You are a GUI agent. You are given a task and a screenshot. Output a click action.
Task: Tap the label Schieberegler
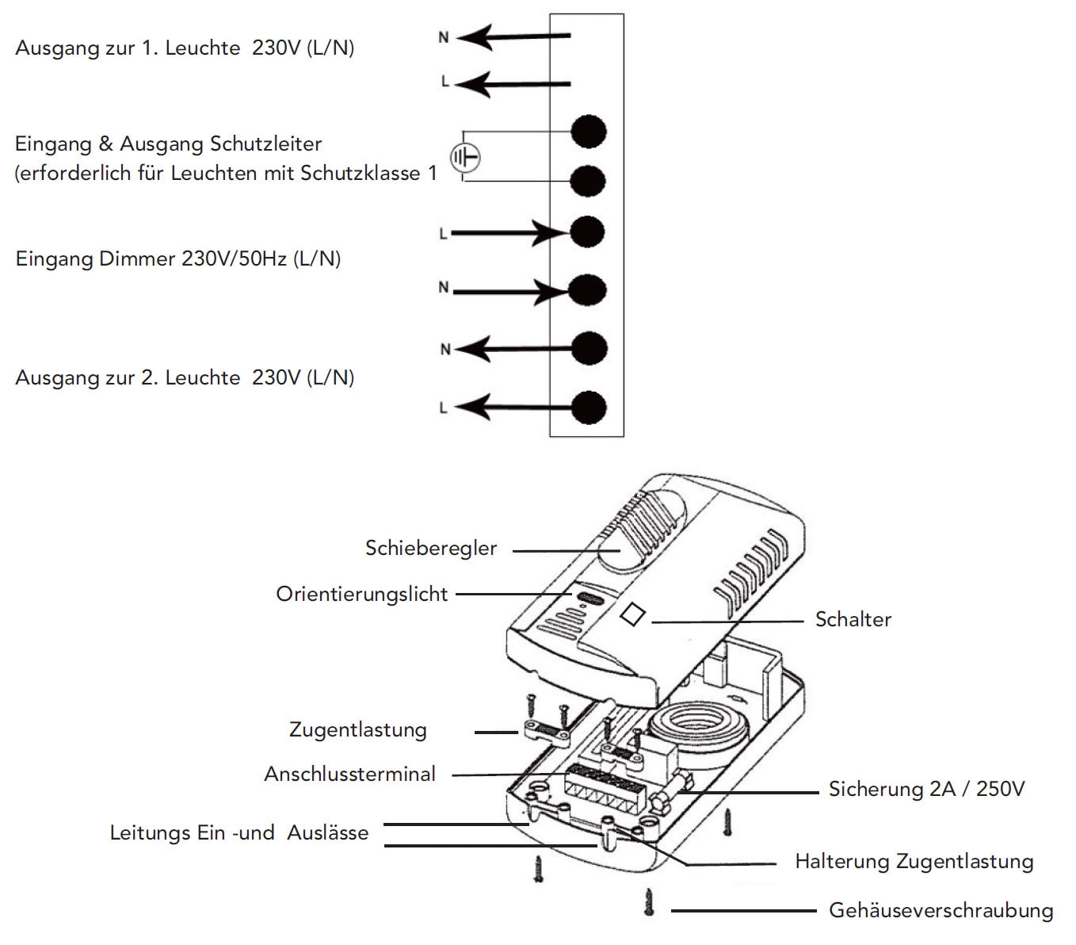pos(431,548)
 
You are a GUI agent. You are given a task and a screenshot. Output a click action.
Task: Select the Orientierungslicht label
pos(361,594)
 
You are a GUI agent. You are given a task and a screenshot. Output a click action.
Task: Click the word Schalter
pos(853,619)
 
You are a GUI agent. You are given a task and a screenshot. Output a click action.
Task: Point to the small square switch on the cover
pos(631,614)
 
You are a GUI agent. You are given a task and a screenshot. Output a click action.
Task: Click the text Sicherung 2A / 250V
pos(926,789)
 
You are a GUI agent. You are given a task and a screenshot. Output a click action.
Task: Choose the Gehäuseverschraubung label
pos(941,910)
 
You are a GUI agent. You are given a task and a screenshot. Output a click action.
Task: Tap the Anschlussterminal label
pos(349,774)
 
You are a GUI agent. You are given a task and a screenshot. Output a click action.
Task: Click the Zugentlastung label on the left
pos(357,729)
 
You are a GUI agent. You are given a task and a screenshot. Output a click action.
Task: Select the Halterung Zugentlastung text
pos(914,861)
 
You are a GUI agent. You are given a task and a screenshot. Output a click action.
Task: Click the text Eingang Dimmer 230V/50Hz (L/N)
pos(178,258)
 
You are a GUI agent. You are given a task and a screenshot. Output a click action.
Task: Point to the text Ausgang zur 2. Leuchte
pos(127,377)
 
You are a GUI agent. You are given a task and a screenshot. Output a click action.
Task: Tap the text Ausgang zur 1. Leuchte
pos(127,48)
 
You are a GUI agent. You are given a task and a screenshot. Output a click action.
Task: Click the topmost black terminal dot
pos(589,132)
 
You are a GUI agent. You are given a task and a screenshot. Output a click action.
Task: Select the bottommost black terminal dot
pos(589,407)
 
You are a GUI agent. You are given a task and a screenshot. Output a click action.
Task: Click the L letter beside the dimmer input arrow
pos(443,234)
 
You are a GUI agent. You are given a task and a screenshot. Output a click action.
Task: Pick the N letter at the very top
pos(444,36)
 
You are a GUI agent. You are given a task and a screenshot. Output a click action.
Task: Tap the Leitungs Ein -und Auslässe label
pos(238,832)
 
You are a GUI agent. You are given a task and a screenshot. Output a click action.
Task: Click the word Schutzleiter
pos(269,144)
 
